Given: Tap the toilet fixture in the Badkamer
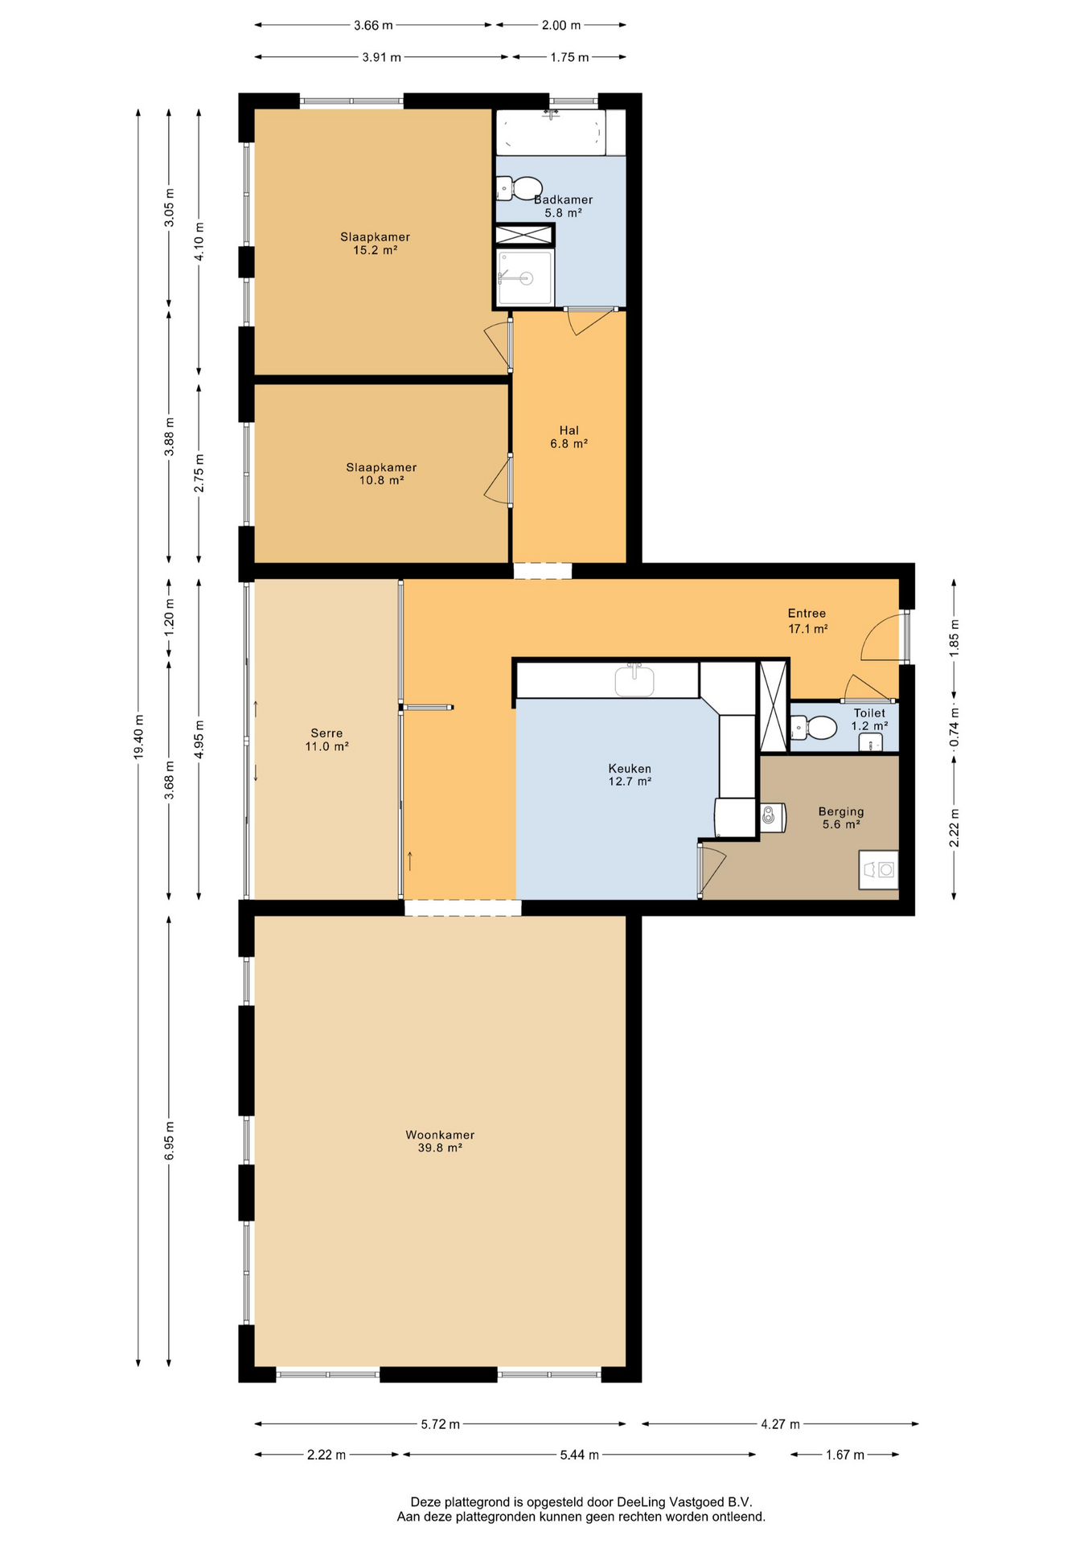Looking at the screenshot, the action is point(519,188).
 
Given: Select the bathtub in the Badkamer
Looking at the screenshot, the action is point(551,132).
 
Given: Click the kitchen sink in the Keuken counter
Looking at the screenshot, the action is point(634,680).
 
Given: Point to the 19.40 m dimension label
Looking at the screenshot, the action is point(138,737).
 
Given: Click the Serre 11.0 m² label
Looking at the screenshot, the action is point(326,740).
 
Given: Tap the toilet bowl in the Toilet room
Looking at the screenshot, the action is point(815,728).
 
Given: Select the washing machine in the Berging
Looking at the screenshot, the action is point(878,869).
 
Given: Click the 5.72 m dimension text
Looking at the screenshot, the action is point(441,1424).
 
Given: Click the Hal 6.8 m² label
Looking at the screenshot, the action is point(569,437).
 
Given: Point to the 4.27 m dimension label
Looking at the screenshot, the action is point(781,1424).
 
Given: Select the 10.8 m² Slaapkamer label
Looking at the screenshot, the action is point(381,474).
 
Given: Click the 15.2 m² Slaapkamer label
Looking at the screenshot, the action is point(376,243).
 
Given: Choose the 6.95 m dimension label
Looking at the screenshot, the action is point(169,1141).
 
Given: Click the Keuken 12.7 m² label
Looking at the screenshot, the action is point(630,774).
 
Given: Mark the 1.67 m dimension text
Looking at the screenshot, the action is point(845,1455).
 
